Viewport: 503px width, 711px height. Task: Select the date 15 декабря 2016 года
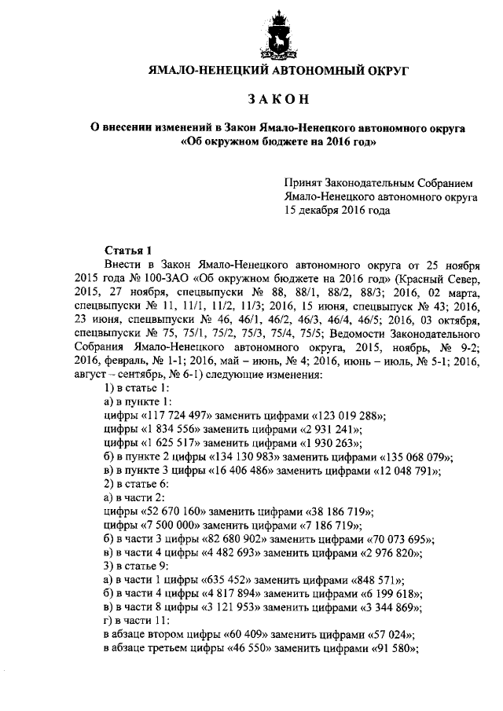click(x=338, y=211)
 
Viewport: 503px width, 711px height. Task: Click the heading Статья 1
click(x=125, y=251)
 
